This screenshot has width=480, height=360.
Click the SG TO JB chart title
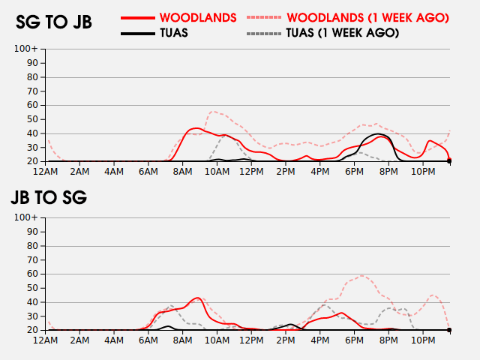tap(54, 22)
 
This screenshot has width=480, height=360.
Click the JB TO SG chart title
tap(49, 198)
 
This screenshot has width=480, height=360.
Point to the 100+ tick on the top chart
tap(26, 49)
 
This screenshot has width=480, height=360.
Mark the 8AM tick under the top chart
tap(182, 172)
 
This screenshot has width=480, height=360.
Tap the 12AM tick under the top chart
tap(46, 172)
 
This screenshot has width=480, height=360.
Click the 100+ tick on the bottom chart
tap(26, 217)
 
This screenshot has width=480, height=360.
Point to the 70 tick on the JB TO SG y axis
tap(32, 259)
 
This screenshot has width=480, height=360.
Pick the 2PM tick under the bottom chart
tap(285, 341)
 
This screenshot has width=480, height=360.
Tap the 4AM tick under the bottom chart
tap(114, 341)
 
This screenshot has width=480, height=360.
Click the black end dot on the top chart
tap(450, 161)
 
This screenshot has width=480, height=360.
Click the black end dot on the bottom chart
tap(450, 330)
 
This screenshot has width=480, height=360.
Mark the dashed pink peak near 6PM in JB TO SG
tap(363, 276)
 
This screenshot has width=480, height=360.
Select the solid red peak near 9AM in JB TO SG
tap(197, 298)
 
